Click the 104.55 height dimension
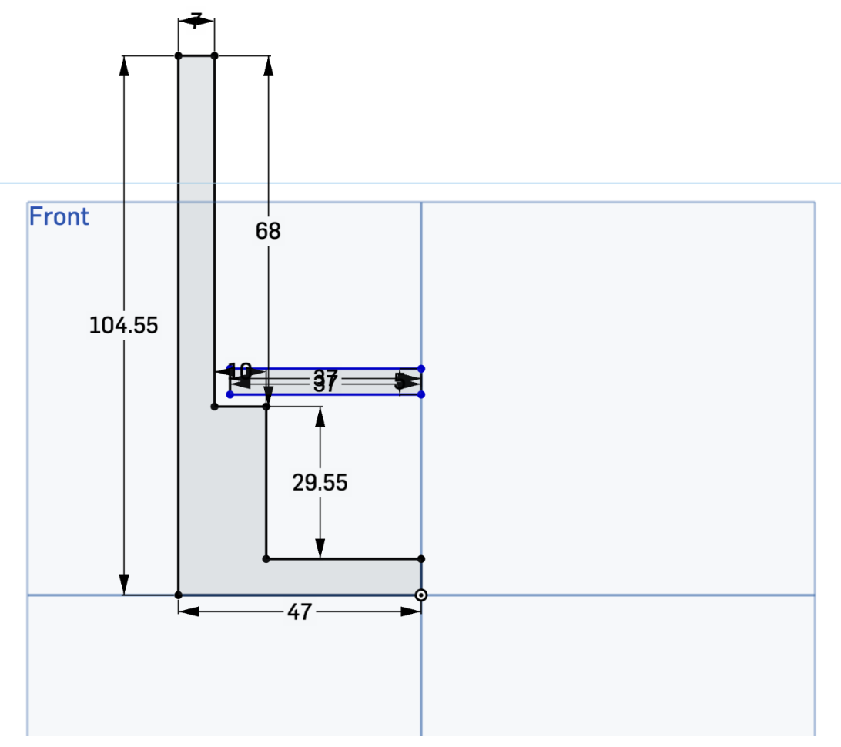pos(123,326)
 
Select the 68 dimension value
pos(268,230)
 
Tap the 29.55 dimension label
pos(320,483)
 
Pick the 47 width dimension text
pos(299,612)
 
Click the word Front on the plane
pos(59,217)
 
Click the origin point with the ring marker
pos(420,595)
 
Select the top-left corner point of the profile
pos(179,55)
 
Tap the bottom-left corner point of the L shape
pos(179,595)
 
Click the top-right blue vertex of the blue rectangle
pos(421,369)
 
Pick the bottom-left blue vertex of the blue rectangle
pos(230,394)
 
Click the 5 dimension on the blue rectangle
pos(400,380)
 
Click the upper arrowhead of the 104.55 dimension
pos(124,65)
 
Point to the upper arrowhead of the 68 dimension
pos(268,65)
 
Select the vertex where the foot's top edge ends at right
pos(420,558)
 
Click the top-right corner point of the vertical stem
pos(214,55)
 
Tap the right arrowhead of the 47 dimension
pos(411,611)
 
